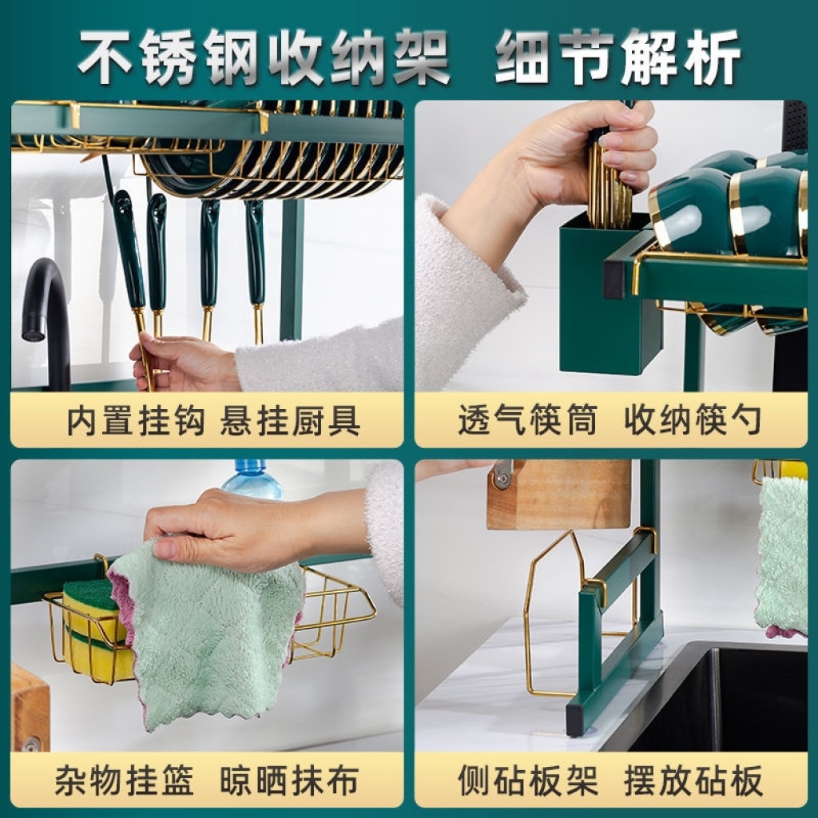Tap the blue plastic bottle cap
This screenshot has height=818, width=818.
click(x=250, y=467)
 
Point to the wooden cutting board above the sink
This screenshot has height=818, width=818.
click(x=558, y=494)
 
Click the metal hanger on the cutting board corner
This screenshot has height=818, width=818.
click(x=502, y=474)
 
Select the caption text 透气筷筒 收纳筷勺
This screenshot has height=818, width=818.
click(x=610, y=420)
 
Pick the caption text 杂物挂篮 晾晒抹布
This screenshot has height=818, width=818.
click(x=207, y=780)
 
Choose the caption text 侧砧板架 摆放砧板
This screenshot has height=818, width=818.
click(x=610, y=780)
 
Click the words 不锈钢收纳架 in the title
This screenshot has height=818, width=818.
click(x=264, y=57)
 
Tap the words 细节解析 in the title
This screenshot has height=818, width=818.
click(x=617, y=57)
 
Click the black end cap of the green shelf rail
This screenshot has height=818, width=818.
click(x=614, y=279)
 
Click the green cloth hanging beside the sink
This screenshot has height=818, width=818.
click(x=781, y=556)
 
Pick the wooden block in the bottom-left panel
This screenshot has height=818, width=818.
click(x=30, y=707)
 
